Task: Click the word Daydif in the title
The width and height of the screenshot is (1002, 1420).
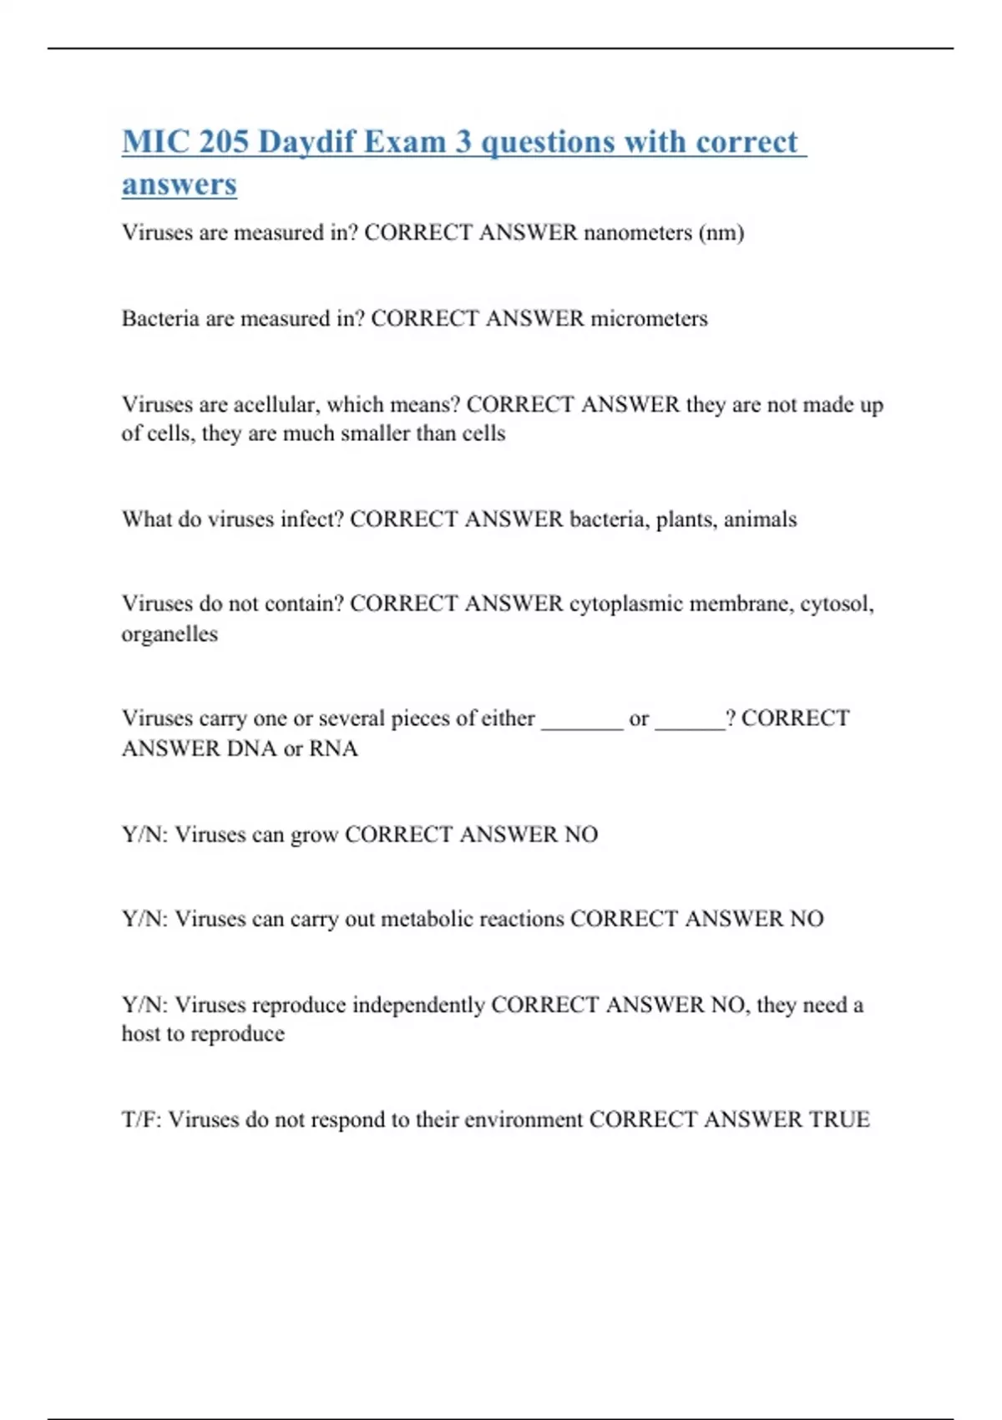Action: click(306, 142)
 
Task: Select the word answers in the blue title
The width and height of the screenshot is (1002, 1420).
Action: click(180, 184)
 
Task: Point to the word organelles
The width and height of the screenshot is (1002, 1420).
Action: click(170, 634)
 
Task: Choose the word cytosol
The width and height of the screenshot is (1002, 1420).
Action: click(837, 604)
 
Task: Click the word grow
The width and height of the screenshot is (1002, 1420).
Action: click(314, 834)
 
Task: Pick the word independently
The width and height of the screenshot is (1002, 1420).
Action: click(417, 1004)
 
